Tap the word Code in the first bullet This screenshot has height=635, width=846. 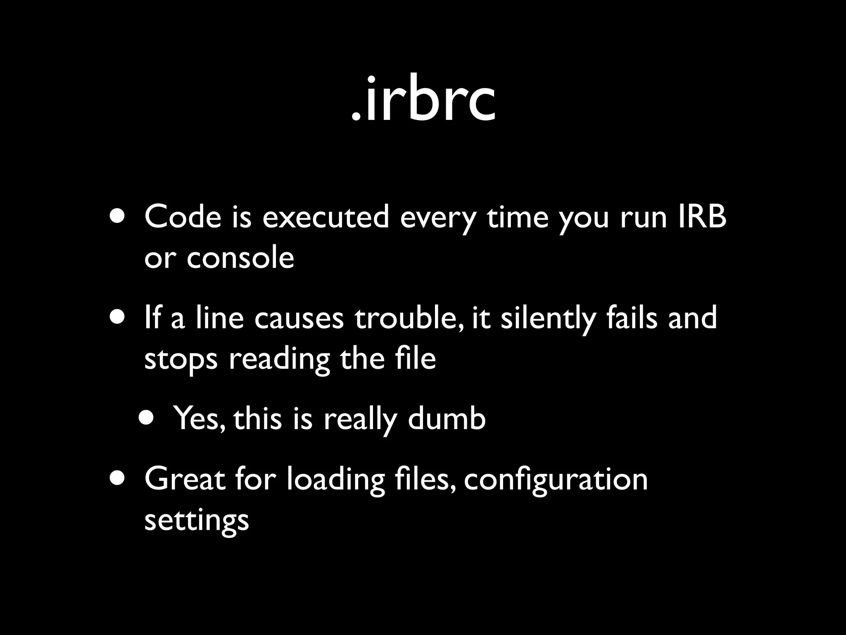pos(183,217)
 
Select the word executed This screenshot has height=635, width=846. pos(326,217)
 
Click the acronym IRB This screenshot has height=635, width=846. pos(702,217)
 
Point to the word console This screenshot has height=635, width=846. pos(240,258)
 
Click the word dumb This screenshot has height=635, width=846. pos(447,418)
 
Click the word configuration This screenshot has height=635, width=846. pos(556,480)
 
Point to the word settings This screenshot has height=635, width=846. pos(197,520)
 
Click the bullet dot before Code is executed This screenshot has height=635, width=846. pos(117,217)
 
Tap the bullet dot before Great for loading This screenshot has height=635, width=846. pos(117,480)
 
